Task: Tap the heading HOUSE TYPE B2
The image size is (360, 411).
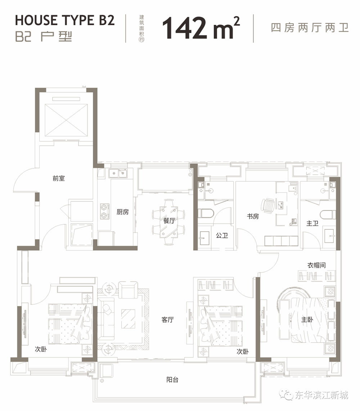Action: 65,20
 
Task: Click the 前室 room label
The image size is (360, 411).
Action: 59,178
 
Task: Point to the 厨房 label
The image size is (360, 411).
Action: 122,212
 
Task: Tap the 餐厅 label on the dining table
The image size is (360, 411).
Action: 169,221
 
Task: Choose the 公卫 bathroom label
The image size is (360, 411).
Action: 221,236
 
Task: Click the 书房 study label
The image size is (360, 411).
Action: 253,216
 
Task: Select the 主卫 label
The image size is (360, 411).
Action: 312,224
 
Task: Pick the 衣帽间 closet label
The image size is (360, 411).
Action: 316,265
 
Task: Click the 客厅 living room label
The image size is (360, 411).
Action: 168,320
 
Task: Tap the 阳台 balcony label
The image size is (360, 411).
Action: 172,380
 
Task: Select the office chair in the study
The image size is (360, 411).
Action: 268,206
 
